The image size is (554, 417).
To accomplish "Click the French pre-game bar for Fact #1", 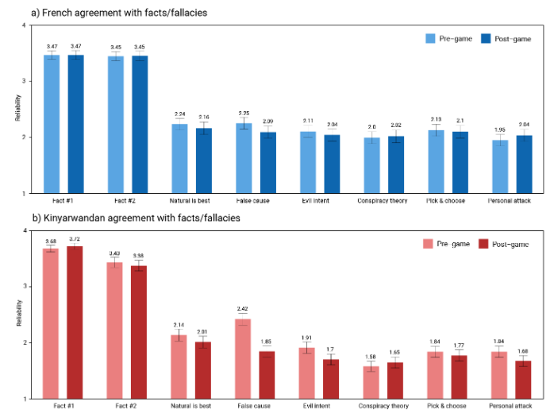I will [x=52, y=124].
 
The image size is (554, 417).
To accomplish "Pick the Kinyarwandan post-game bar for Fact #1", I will [x=75, y=322].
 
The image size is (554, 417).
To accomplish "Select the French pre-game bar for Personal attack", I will [x=499, y=166].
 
